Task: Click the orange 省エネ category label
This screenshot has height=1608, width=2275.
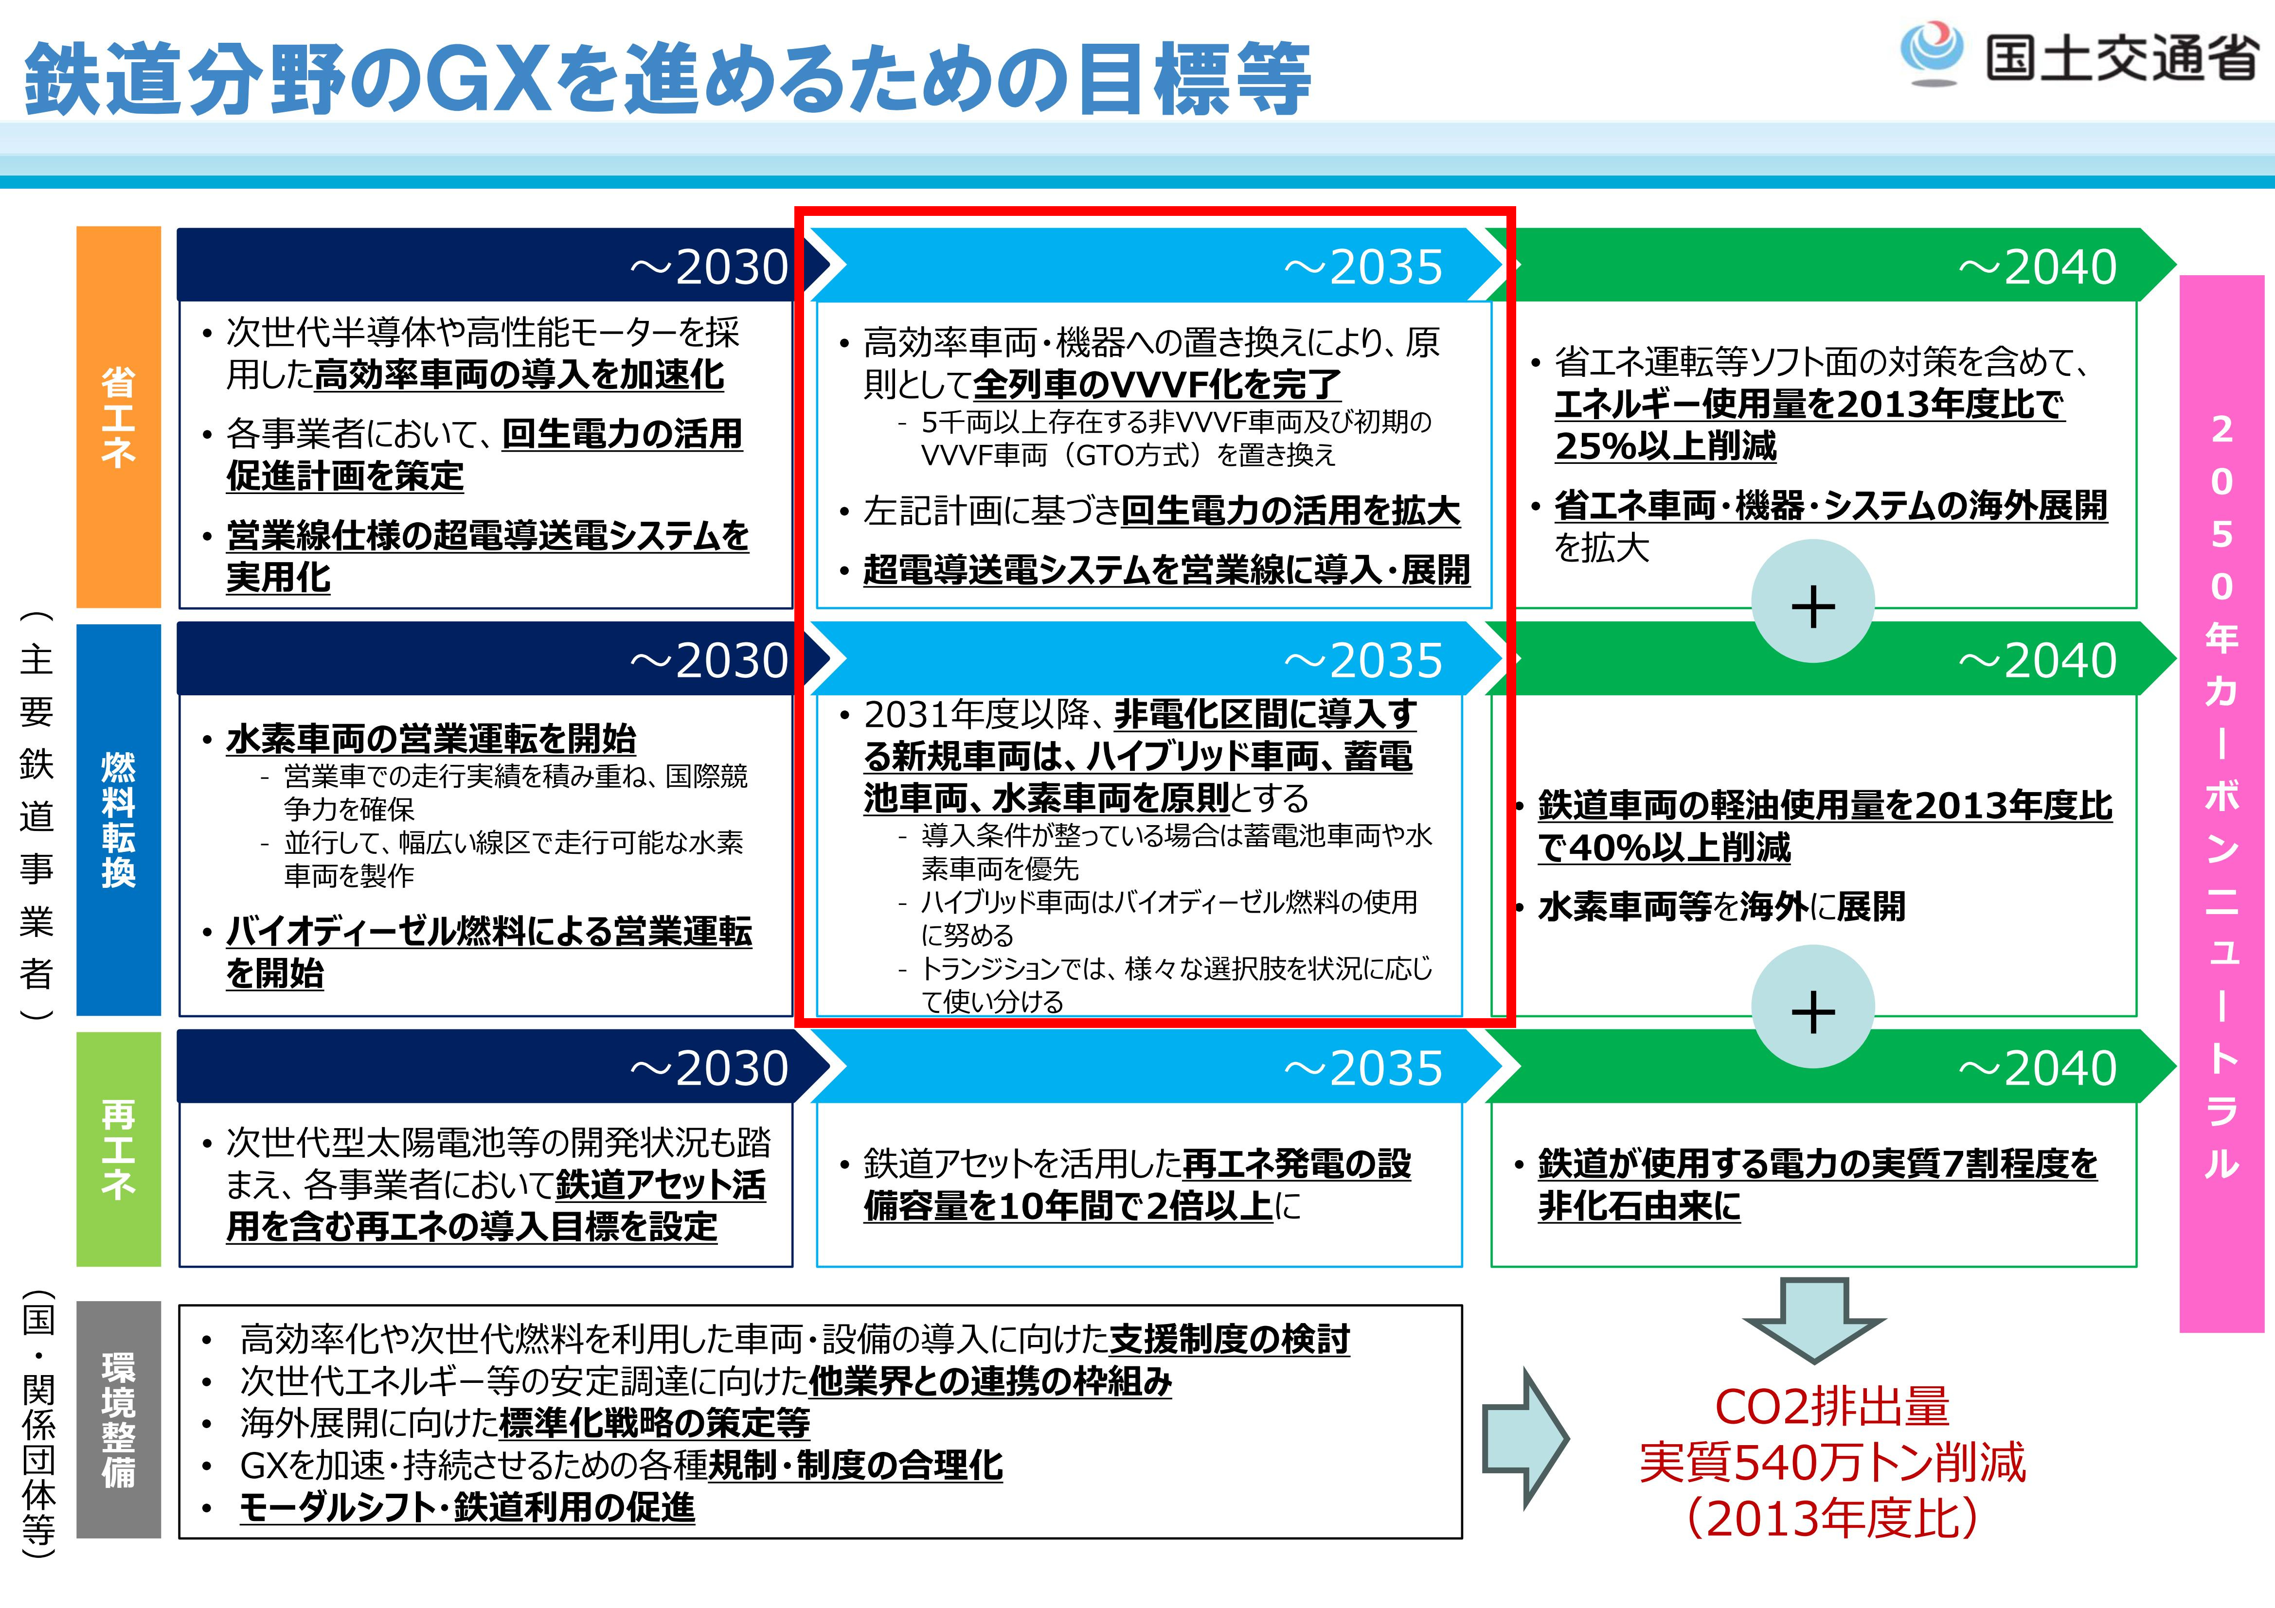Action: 118,416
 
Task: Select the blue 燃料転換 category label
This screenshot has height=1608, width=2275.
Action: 118,819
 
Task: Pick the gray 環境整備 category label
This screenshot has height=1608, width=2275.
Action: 118,1419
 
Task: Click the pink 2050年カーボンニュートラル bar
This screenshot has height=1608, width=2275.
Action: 2221,802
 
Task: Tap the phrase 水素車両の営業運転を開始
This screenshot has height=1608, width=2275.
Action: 431,738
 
